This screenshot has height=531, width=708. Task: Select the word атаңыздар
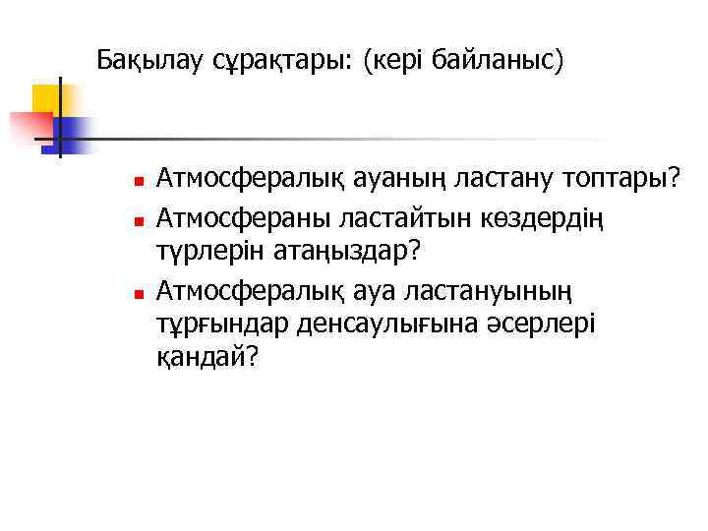pyautogui.click(x=338, y=252)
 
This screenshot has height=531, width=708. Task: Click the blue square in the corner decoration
pyautogui.click(x=71, y=133)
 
